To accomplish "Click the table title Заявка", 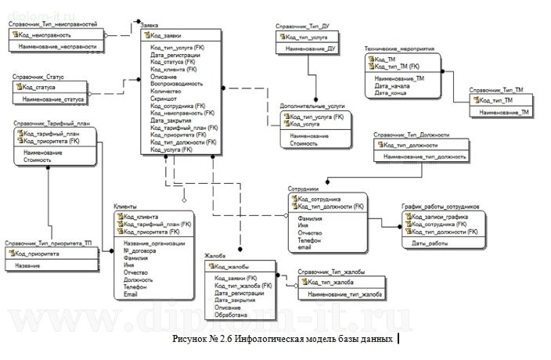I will pos(148,26).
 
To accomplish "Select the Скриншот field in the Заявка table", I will pos(164,99).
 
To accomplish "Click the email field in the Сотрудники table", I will pos(304,247).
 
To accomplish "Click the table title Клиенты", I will pos(125,206).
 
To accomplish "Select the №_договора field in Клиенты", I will pos(139,250).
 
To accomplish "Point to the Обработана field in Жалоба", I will pos(232,315).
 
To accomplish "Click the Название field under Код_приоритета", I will pos(28,266).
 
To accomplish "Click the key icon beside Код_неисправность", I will pos(16,35).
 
